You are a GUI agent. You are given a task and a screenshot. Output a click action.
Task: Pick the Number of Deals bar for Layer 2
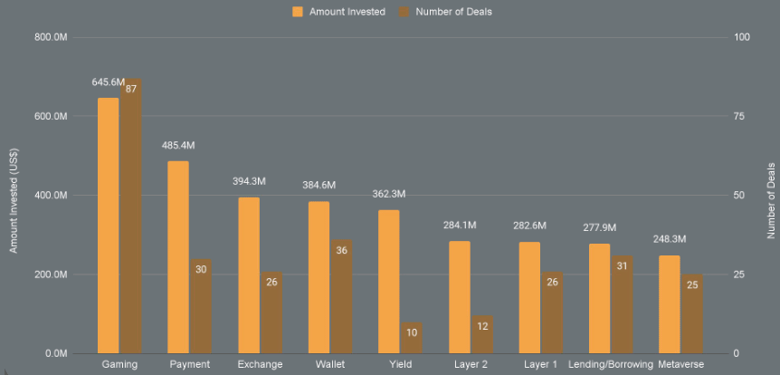coord(482,334)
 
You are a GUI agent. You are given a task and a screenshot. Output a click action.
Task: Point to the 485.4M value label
coord(178,146)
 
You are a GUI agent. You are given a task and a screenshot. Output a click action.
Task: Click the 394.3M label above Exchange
coord(249,182)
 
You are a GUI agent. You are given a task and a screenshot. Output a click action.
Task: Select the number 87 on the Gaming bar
coord(131,89)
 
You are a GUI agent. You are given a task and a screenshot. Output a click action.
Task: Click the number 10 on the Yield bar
coord(412,332)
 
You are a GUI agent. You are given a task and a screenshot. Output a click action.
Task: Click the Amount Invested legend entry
coord(338,12)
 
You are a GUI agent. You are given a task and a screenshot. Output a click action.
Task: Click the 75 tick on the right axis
coord(741,117)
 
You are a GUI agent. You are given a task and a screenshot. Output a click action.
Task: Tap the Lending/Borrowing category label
coord(611,364)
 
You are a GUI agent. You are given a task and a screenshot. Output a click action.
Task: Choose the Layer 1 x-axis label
coord(540,364)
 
